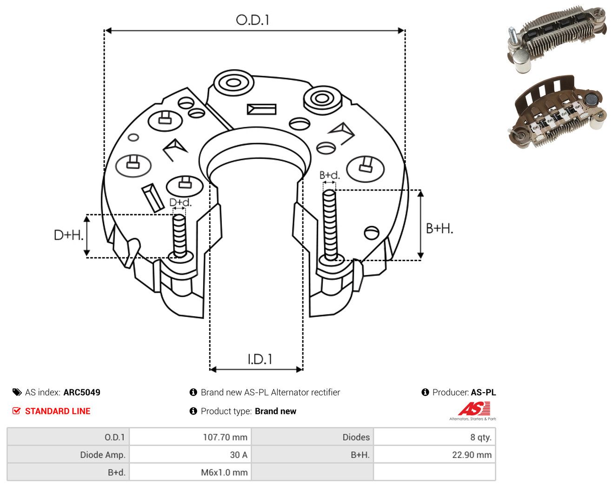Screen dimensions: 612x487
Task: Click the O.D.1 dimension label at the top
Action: [x=253, y=20]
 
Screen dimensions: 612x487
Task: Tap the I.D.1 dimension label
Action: [x=260, y=359]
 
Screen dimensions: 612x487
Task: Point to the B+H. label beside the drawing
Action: [x=439, y=229]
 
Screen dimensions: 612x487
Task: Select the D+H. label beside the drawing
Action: [x=69, y=235]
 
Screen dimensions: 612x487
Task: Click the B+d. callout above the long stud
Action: [x=330, y=175]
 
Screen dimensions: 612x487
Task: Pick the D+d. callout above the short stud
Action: [x=180, y=202]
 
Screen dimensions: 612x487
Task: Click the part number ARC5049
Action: [x=82, y=392]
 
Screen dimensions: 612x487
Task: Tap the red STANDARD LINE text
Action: [x=58, y=411]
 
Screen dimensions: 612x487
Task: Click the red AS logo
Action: [x=474, y=408]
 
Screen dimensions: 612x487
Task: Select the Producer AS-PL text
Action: [x=464, y=392]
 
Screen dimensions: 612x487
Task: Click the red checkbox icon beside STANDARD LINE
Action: [x=16, y=411]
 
